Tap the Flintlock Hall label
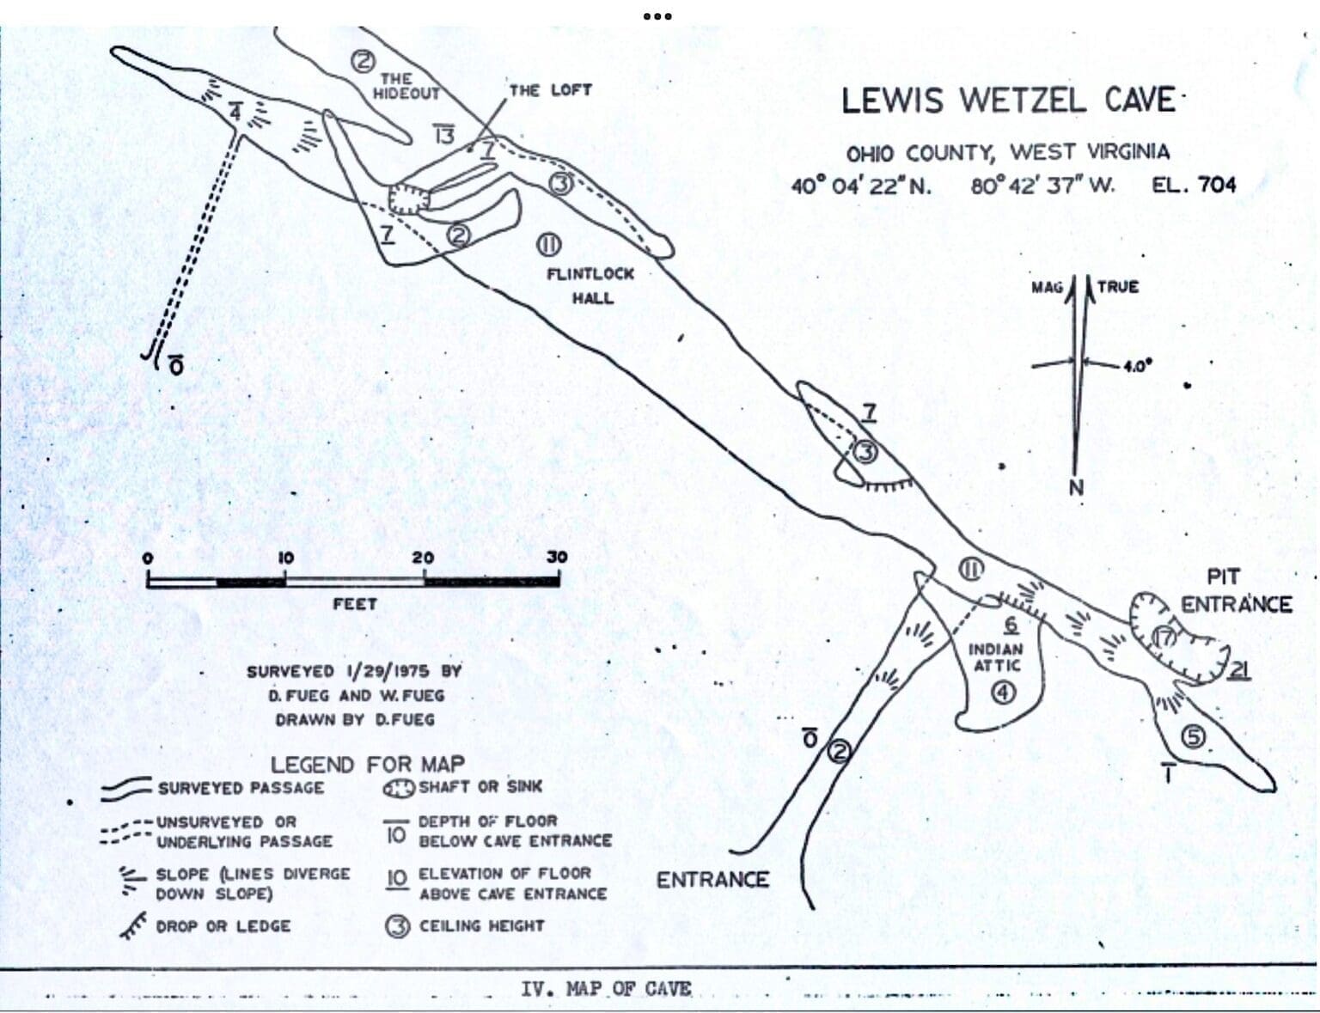590,285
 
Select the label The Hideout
405,86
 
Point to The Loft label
550,90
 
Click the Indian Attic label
996,657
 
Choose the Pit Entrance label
1235,591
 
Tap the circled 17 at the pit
1164,638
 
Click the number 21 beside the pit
1237,670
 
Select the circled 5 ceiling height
1194,736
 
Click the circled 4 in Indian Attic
1003,693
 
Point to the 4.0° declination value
1136,366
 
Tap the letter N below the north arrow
1076,488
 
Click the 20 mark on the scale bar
423,558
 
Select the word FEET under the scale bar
354,605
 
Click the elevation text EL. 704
1194,185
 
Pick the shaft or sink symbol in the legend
399,787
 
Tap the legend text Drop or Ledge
223,926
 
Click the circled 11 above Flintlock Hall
548,246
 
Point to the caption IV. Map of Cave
606,989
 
